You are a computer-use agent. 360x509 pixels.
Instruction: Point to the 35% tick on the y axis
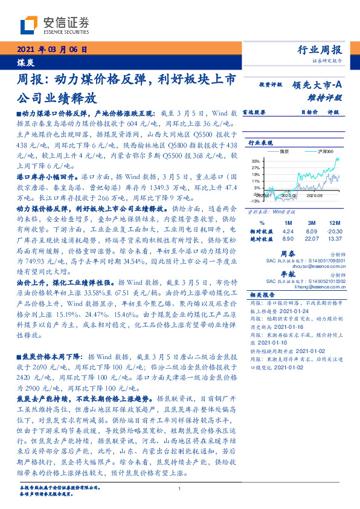click(257, 160)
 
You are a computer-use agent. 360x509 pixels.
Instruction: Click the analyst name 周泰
click(288, 254)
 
